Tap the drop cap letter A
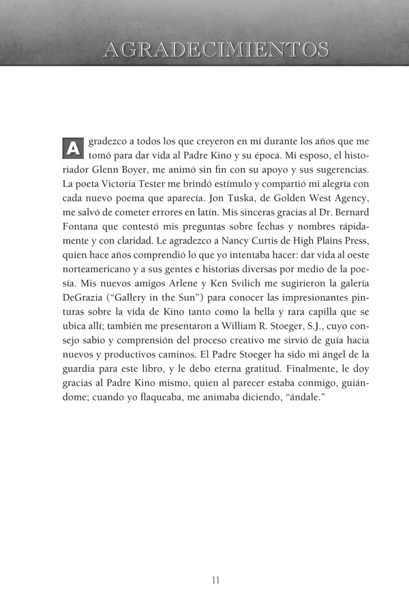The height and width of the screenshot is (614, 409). tap(73, 147)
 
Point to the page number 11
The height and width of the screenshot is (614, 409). tap(215, 581)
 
